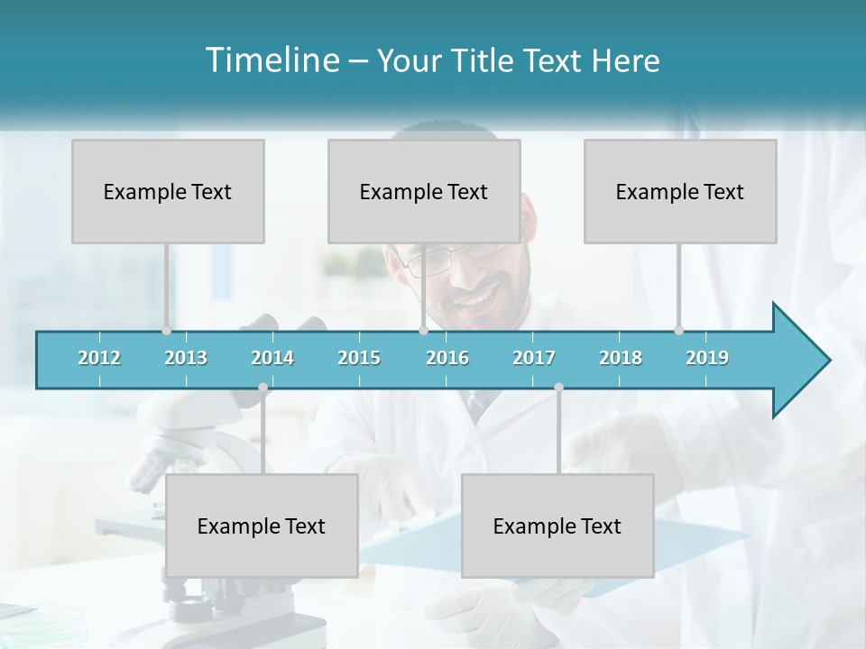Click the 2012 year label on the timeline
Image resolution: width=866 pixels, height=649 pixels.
coord(99,358)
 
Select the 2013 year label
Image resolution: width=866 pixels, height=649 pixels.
coord(186,358)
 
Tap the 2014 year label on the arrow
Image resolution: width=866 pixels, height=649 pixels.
coord(272,358)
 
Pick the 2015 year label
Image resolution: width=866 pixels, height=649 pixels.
coord(359,358)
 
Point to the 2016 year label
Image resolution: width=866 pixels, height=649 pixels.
coord(447,358)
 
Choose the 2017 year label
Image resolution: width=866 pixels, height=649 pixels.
coord(534,358)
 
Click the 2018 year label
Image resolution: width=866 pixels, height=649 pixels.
coord(621,358)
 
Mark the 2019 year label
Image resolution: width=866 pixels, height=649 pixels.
coord(707,358)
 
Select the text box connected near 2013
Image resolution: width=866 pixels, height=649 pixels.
coord(168,191)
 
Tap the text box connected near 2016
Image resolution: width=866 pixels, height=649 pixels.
coord(424,191)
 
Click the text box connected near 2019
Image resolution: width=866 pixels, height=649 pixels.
coord(680,191)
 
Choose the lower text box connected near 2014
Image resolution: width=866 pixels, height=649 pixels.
coord(262,526)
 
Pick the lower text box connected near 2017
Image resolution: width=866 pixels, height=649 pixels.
coord(557,526)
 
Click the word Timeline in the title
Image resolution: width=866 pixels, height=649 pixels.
coord(271,60)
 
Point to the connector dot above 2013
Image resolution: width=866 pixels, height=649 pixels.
coord(166,331)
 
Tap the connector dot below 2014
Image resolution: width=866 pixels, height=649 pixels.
coord(263,388)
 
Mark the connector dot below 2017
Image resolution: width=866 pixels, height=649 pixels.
coord(558,388)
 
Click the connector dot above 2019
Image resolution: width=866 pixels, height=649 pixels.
coord(678,331)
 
